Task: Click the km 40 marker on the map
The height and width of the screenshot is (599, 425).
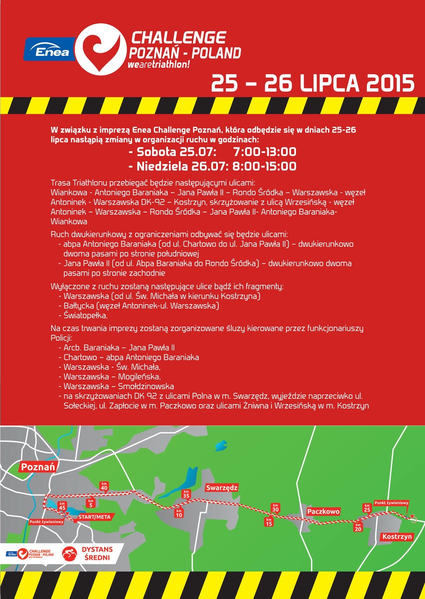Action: (104, 486)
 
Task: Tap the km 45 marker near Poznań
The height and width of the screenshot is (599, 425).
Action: (62, 506)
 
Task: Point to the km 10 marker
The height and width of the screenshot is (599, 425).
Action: (179, 513)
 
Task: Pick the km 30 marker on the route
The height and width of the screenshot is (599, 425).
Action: (275, 507)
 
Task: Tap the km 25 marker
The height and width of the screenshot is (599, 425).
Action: (367, 508)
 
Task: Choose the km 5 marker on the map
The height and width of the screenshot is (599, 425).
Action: (90, 503)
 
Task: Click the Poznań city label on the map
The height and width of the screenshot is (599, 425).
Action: (38, 467)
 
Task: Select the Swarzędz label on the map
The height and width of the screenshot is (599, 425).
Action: (222, 488)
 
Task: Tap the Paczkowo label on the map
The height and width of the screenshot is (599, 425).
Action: (323, 511)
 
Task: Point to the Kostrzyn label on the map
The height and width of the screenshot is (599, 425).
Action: (397, 536)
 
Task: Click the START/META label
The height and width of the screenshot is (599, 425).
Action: (94, 517)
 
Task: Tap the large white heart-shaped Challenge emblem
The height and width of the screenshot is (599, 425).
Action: (101, 48)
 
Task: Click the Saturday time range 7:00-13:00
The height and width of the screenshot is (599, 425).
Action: (264, 152)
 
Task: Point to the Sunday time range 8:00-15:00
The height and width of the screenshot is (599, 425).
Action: (264, 167)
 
